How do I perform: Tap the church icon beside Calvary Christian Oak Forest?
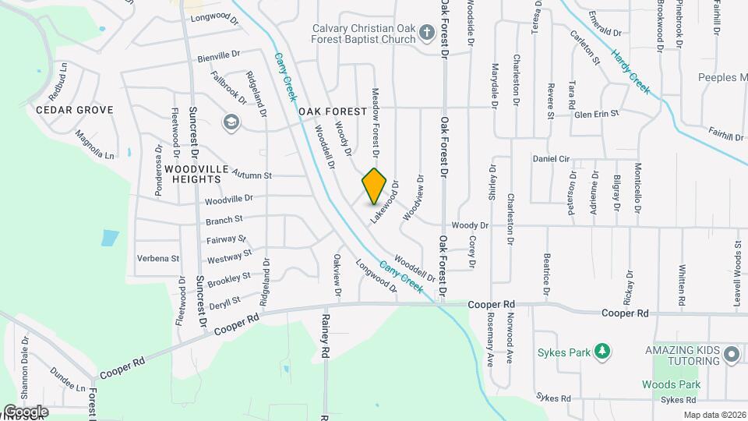pos(426,33)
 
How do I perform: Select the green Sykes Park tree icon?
pos(602,352)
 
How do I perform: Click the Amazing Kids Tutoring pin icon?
pos(731,356)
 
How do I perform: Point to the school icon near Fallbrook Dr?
pos(231,122)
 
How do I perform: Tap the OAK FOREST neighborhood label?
pos(333,111)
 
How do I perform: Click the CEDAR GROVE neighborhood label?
pos(75,110)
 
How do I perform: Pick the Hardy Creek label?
pos(630,72)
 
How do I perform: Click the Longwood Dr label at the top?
pos(213,16)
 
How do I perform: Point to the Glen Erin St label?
pos(596,114)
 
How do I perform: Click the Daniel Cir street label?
pos(552,158)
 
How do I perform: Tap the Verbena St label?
pos(158,258)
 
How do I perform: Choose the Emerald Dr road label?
pos(605,34)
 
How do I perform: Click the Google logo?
pos(26,411)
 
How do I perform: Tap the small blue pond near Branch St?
pos(110,238)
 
